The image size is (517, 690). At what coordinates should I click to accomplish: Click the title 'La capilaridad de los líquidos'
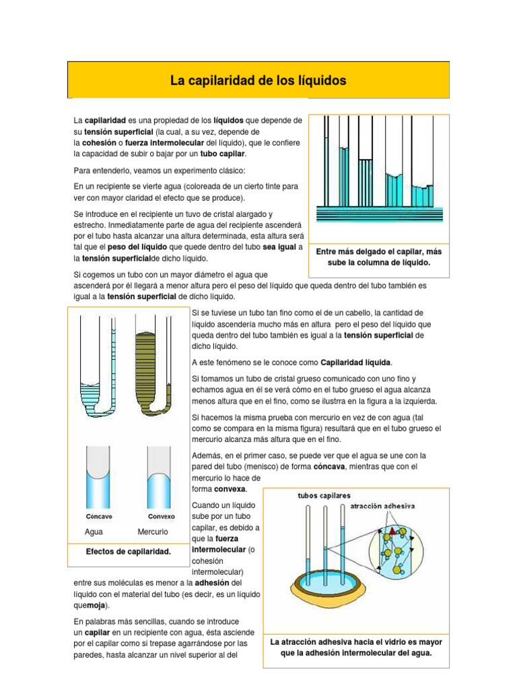tap(258, 81)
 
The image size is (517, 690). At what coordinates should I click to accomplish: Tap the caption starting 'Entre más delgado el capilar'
tap(378, 257)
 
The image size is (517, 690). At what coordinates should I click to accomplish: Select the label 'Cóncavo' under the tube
tap(100, 517)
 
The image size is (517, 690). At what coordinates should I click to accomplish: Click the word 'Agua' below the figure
tap(94, 532)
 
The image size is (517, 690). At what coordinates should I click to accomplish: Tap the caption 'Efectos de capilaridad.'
tap(128, 551)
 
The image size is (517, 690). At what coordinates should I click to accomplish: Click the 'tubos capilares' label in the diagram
tap(324, 496)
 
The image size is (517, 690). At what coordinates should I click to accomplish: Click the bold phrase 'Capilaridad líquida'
tap(355, 362)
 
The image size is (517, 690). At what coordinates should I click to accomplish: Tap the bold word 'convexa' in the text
tap(228, 488)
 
